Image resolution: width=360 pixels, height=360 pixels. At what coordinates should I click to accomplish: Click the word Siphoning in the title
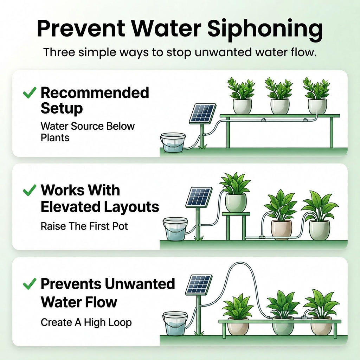(265, 30)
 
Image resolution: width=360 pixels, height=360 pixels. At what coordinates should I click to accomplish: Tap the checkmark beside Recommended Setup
(30, 93)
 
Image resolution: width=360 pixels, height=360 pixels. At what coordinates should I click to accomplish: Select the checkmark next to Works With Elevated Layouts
(30, 190)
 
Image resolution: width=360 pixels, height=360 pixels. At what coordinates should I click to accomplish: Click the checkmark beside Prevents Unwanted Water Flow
(30, 284)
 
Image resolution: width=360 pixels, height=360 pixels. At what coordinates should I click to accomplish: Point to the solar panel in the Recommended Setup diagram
(202, 114)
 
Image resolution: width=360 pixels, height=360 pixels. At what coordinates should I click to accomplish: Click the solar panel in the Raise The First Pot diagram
(199, 197)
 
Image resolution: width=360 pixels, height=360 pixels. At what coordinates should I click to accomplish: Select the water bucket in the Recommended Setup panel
(173, 142)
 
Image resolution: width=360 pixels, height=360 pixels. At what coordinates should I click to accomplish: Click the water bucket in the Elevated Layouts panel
(175, 229)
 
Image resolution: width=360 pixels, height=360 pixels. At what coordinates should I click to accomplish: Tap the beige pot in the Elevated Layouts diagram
(282, 230)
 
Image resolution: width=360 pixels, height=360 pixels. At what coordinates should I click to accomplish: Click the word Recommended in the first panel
(95, 93)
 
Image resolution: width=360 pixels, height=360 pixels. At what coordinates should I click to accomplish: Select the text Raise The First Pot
(84, 226)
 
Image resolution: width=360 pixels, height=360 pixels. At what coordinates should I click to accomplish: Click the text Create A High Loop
(86, 322)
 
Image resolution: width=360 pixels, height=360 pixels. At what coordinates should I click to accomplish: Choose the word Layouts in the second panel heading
(131, 207)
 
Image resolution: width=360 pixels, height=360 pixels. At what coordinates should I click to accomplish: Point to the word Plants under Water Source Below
(55, 138)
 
